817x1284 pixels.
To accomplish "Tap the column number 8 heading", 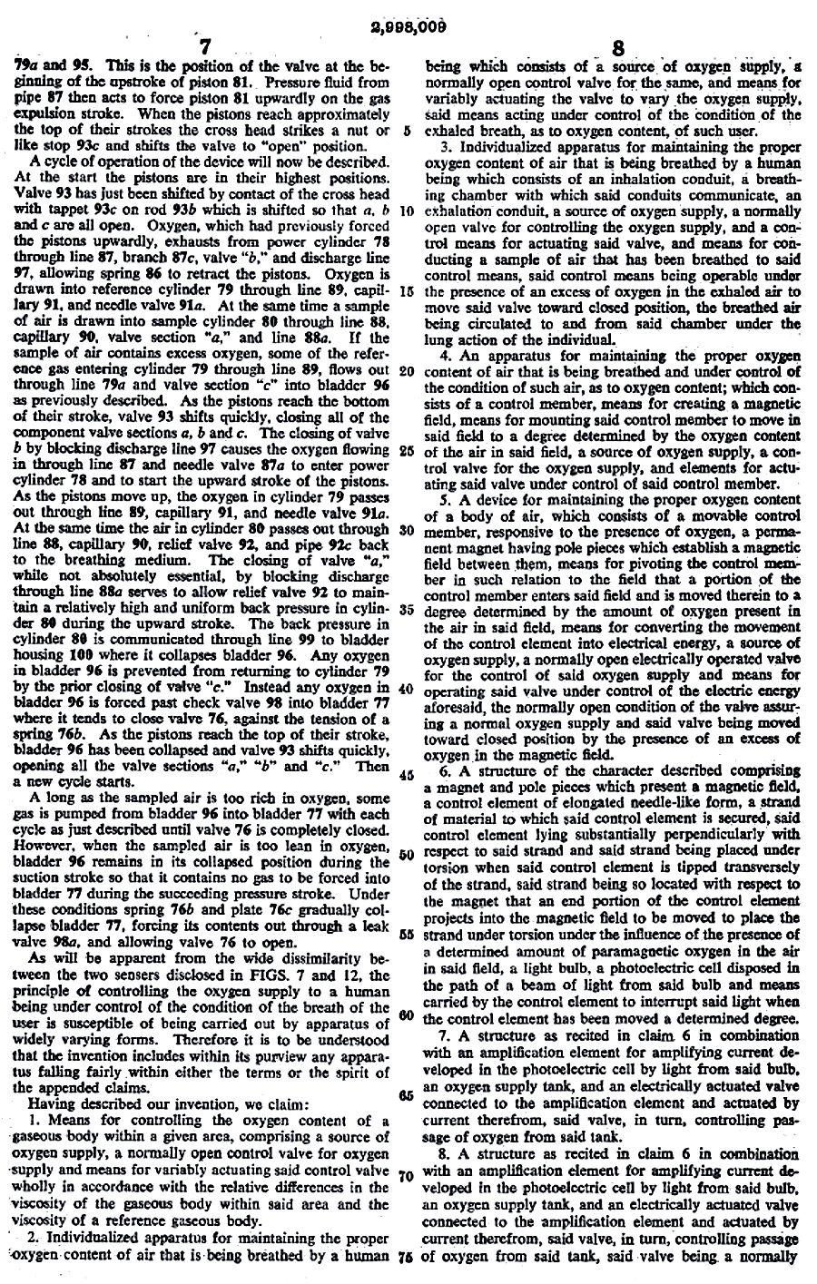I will (x=617, y=47).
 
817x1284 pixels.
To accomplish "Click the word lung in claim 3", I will (x=438, y=339).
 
